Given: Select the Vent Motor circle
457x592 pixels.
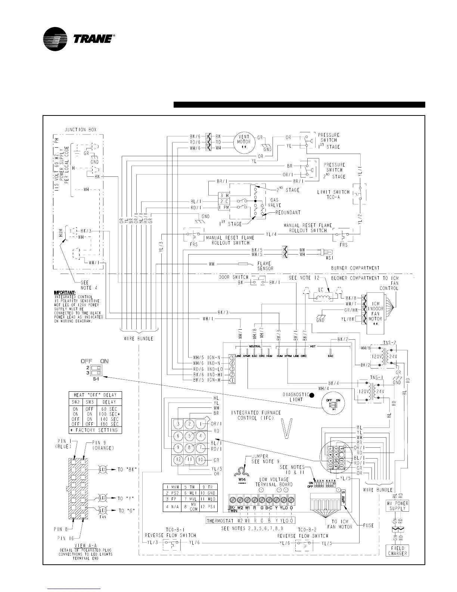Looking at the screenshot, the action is (244, 142).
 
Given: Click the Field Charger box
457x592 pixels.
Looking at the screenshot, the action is (397, 551).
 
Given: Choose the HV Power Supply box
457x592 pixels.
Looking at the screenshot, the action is (397, 506).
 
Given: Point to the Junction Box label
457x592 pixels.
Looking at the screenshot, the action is (81, 130).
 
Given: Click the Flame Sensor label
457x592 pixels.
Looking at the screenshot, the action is (265, 266).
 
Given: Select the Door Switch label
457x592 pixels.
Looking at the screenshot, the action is (233, 277).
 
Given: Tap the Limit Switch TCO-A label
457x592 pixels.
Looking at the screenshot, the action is (333, 194).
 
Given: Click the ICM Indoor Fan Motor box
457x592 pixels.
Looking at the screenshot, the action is (375, 313).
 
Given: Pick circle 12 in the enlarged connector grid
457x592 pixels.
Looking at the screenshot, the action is (178, 459).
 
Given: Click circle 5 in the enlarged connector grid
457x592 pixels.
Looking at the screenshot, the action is (190, 435).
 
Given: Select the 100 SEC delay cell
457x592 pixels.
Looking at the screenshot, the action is (110, 414).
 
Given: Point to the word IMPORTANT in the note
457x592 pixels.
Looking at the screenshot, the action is (65, 292).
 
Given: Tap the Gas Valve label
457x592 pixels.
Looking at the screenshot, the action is (274, 203).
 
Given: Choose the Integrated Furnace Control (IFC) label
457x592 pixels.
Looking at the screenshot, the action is (256, 415).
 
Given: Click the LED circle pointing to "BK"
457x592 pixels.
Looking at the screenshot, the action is (103, 469).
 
